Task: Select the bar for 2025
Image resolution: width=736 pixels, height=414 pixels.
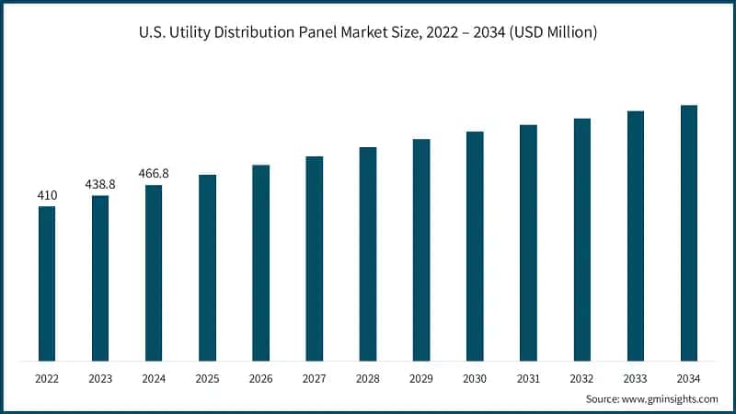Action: pos(207,268)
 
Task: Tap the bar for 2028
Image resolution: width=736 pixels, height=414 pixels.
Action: pos(368,254)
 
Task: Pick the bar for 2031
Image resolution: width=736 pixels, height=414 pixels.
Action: pos(528,243)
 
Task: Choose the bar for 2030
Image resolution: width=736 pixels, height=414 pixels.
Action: pos(475,246)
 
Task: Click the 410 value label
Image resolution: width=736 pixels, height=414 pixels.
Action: pos(47,195)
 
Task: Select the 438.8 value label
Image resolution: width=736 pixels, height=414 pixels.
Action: pos(100,184)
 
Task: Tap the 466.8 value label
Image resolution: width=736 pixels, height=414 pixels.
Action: pos(154,173)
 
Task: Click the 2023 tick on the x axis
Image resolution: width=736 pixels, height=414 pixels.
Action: pos(100,377)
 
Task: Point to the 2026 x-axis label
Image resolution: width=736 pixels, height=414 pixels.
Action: pos(260,377)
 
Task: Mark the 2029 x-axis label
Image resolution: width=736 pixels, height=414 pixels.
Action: pos(421,377)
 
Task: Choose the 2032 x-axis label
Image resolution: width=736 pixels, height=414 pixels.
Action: pos(581,377)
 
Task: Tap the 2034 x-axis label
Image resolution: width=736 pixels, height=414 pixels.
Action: pos(688,377)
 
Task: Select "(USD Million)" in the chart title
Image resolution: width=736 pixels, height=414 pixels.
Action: pos(552,33)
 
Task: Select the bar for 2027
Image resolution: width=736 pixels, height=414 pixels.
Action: pos(315,259)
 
